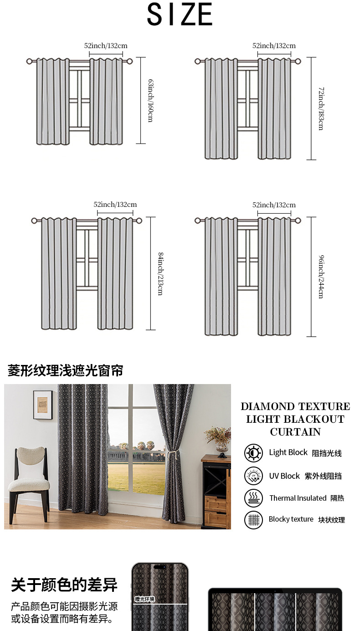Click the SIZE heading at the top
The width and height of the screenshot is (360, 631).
click(180, 15)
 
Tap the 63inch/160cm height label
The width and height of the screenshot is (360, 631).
click(150, 100)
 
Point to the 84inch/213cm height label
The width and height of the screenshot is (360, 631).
click(160, 273)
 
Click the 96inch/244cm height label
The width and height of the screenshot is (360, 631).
click(321, 277)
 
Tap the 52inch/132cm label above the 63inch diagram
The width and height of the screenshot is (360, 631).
click(106, 46)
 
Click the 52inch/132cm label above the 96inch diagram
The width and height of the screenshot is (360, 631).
click(274, 205)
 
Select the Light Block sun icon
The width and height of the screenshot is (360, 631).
click(253, 453)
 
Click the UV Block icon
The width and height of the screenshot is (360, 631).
click(253, 476)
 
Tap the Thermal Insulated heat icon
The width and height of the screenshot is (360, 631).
click(253, 498)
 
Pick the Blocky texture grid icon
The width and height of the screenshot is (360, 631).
click(253, 520)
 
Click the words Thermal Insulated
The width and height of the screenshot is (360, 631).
click(298, 498)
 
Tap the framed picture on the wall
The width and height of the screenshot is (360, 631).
click(43, 405)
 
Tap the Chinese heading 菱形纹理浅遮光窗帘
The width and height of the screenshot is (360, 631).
click(65, 371)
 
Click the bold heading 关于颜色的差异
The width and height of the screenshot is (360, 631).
click(64, 585)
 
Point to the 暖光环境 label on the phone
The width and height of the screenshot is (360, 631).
click(145, 599)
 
